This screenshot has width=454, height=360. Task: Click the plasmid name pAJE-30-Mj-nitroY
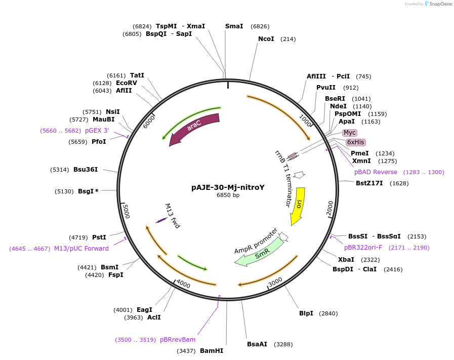pos(228,187)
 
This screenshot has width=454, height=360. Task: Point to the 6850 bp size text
pos(228,195)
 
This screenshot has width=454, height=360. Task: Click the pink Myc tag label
pos(349,133)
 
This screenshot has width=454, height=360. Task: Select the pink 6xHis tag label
pos(355,142)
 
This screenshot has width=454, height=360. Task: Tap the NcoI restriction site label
pos(266,39)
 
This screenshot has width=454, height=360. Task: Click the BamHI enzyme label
pos(212,351)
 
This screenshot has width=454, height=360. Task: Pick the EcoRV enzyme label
pos(127,83)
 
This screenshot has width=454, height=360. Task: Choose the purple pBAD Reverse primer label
pos(376,172)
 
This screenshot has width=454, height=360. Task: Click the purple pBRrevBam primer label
pos(178,339)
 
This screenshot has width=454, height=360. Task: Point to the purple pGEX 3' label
pos(97,131)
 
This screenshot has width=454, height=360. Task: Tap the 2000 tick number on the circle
pos(330,209)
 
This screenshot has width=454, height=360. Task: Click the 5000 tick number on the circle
pos(126,211)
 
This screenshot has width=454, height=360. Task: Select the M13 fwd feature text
pos(173,216)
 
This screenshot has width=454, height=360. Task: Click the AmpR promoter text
pos(256,241)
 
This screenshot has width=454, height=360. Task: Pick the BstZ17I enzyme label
pos(369,183)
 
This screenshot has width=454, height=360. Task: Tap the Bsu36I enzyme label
pos(86,170)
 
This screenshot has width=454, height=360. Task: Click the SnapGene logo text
pos(440,4)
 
